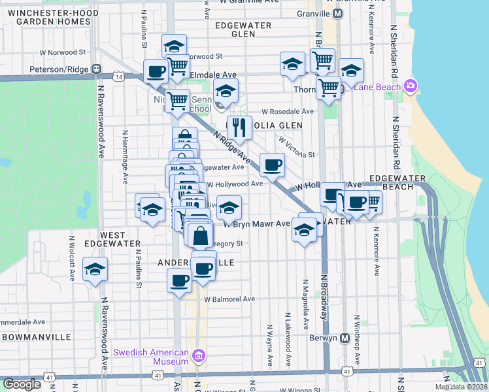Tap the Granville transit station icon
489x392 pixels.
click(337, 14)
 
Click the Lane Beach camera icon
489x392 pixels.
click(411, 86)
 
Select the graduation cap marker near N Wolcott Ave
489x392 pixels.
click(95, 269)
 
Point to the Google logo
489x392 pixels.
click(22, 384)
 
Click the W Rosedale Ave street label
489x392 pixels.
click(288, 112)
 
